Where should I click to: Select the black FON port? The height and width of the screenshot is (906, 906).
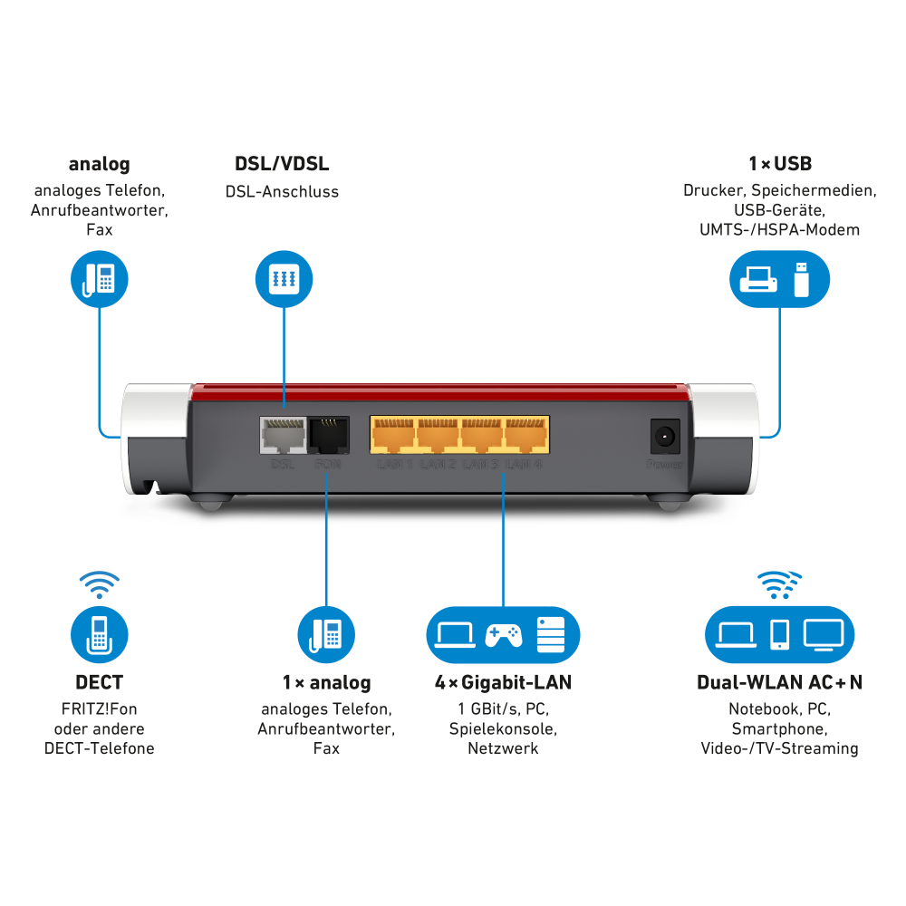click(327, 435)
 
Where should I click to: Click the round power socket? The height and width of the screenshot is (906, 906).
click(666, 437)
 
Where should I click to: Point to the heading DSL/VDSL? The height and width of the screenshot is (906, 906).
click(282, 164)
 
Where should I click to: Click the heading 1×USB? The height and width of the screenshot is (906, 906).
click(779, 164)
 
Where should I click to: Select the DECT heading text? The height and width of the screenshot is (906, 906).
click(100, 682)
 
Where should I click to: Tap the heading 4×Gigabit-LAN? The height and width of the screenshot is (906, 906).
click(503, 682)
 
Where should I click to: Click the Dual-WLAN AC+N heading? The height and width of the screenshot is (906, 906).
click(779, 682)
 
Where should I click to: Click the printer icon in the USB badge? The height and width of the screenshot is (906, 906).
click(757, 279)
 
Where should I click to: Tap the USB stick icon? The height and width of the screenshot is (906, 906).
click(800, 278)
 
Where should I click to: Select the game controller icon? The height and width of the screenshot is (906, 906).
click(503, 634)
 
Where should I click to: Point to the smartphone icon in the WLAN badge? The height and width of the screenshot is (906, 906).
click(779, 634)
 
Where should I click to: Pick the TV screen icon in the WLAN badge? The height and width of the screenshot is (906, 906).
click(824, 633)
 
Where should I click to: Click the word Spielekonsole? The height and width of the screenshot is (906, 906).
click(503, 728)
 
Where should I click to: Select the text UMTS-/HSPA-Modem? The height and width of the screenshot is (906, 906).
click(779, 230)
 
